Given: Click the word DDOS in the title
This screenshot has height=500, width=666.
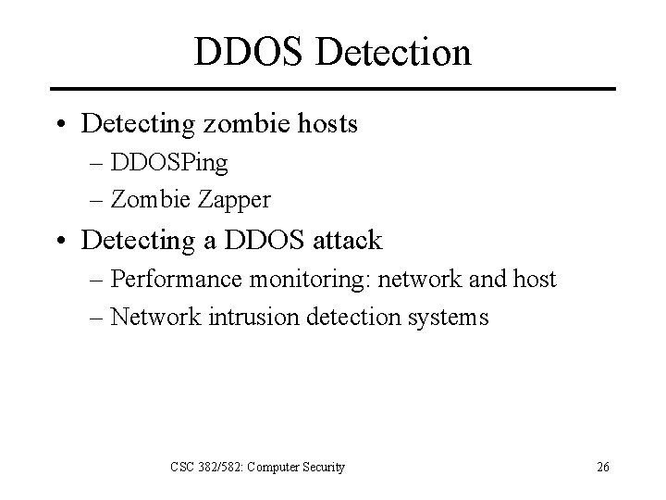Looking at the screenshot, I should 249,52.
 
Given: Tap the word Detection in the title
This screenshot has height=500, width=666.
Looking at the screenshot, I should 393,52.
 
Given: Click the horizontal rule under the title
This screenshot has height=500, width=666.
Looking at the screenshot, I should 333,89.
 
